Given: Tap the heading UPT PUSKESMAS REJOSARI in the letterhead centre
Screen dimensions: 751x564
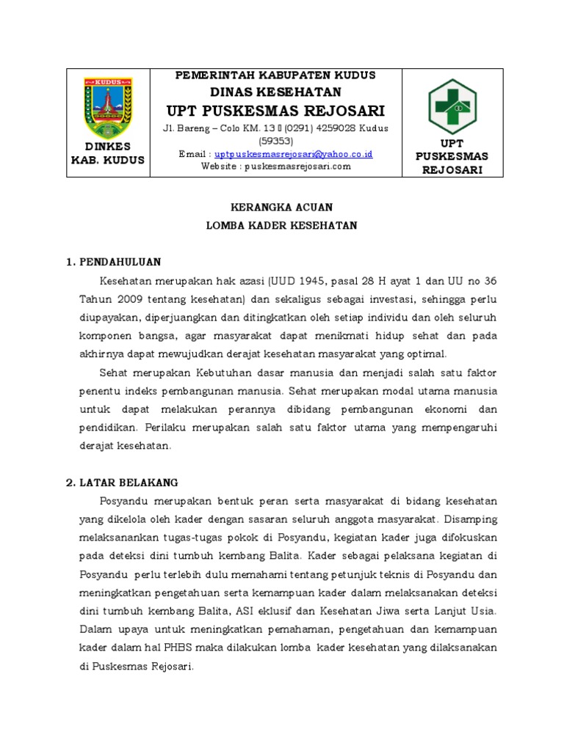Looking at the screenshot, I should tap(275, 111).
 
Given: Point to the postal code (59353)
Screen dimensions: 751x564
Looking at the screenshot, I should tap(275, 141).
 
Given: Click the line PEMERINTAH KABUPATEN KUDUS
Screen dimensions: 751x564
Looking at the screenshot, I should tap(275, 76).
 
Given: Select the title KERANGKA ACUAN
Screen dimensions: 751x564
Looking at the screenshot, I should tap(282, 208).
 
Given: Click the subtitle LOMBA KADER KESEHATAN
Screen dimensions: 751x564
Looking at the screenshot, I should tap(282, 226).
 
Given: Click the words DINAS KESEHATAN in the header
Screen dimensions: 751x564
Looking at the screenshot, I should tap(275, 92).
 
